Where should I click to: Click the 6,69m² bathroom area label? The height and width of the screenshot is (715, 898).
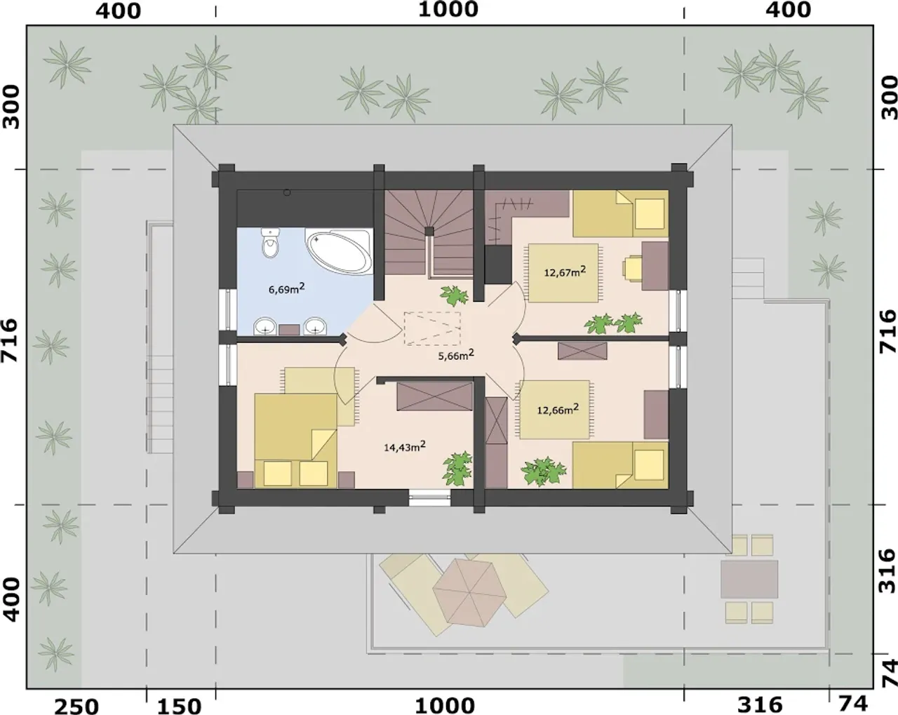(286, 288)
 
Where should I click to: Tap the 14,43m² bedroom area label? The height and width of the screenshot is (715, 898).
(405, 446)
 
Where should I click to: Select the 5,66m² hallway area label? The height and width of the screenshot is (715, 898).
(456, 355)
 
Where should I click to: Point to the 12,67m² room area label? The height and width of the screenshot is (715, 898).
(565, 272)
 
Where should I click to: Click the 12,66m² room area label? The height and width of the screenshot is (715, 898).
(558, 409)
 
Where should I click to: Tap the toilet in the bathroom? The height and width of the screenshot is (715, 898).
(270, 243)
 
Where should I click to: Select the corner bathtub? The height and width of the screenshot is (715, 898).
(339, 252)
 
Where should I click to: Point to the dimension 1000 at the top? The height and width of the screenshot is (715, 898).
(448, 9)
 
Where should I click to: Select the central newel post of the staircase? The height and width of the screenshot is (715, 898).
(429, 232)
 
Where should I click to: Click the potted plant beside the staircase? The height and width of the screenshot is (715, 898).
(454, 295)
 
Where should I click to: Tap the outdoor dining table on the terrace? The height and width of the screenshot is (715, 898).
(749, 579)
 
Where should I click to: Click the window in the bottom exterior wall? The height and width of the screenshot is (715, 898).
(430, 498)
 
